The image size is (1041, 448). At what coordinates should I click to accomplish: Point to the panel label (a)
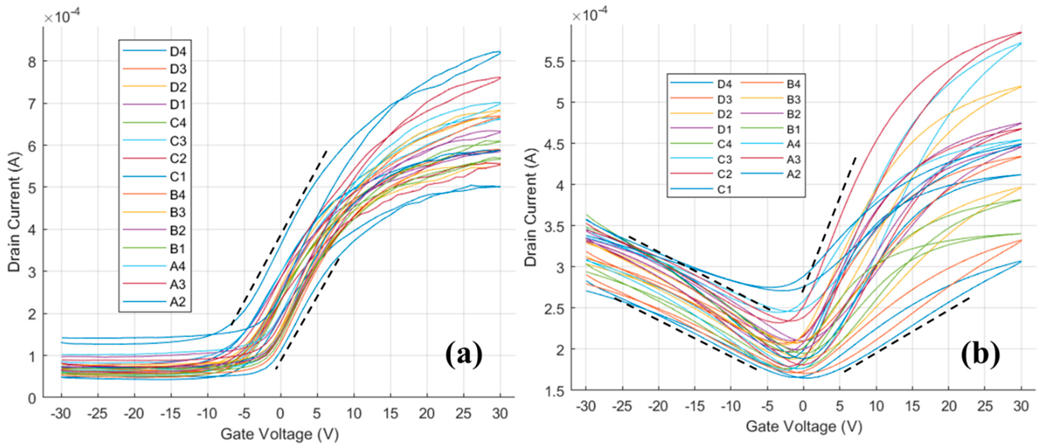464,355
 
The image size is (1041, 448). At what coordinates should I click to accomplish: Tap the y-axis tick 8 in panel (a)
32,61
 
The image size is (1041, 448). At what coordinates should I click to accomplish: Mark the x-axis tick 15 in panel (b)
913,406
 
